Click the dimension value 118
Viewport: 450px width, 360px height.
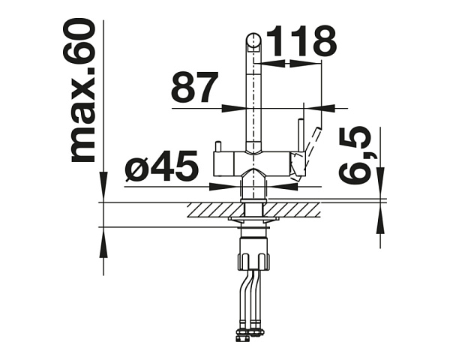301,41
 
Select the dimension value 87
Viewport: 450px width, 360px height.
195,87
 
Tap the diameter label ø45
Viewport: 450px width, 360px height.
161,166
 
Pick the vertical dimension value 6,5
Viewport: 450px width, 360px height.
355,155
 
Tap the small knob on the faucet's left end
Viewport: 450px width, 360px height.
217,146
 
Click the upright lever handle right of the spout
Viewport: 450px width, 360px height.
301,136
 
